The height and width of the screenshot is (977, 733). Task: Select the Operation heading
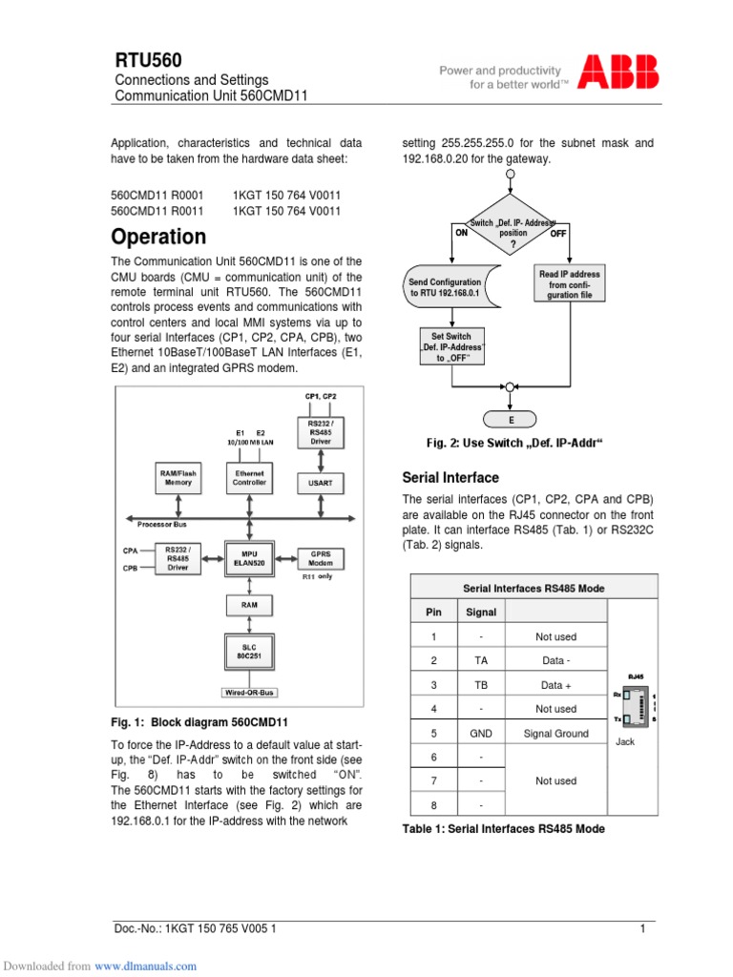158,236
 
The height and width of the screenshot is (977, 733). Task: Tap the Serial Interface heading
450,477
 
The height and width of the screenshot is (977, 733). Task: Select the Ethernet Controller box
248,477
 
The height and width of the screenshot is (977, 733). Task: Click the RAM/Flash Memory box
178,477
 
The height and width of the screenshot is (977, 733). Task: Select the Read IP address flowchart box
570,284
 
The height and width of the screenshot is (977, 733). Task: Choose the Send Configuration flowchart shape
447,288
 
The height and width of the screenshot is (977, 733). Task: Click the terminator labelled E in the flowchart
511,419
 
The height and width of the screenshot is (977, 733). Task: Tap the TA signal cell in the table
480,660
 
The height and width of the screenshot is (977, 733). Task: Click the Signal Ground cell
555,733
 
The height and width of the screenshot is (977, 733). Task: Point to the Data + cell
555,684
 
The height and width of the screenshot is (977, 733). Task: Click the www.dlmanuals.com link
145,966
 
